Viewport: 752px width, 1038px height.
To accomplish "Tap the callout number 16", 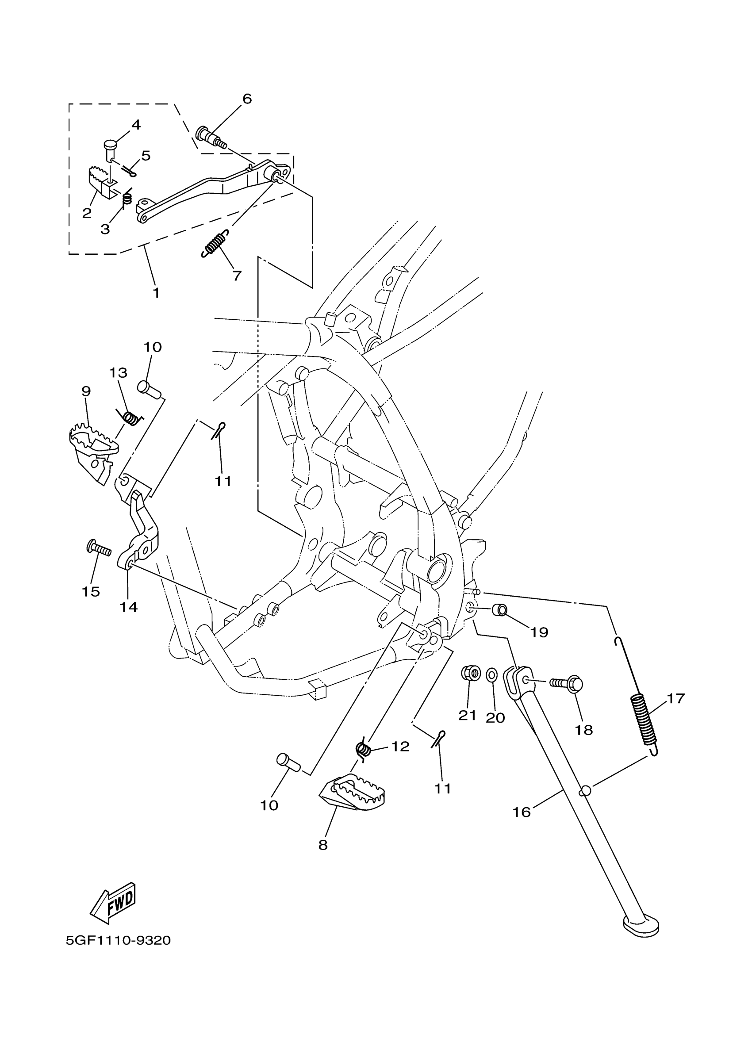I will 522,812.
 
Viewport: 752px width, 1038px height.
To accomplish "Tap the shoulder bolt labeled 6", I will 211,137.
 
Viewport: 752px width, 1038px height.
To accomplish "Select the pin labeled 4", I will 109,149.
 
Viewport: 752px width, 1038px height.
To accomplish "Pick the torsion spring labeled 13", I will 130,417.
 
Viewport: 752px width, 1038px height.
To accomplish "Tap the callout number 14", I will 129,607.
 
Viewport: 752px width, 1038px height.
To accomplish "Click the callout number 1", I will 156,292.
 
